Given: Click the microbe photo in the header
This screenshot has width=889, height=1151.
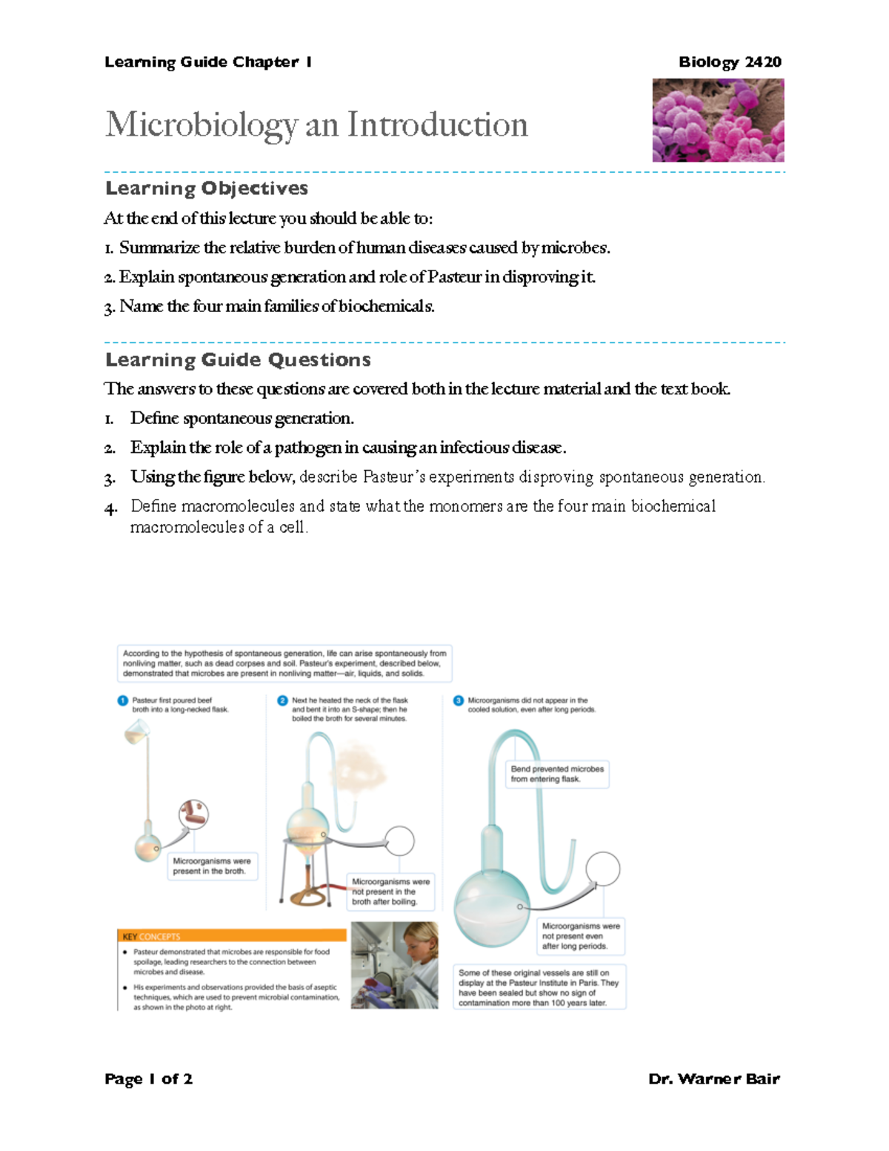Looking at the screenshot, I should coord(717,120).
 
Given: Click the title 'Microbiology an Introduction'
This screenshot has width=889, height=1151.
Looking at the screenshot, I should coord(316,125).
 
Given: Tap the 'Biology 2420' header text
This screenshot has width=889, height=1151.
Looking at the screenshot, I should coord(730,62).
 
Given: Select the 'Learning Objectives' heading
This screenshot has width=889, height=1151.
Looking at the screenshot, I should coord(207,188).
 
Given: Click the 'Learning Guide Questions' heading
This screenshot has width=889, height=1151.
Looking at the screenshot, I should coord(238,360).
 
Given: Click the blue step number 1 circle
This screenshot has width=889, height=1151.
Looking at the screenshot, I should coord(123,700).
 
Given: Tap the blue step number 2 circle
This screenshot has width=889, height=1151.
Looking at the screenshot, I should coord(282,700).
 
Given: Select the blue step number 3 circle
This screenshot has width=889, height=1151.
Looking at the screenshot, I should coord(458,700).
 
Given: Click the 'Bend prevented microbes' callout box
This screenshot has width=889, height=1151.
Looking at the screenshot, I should coord(557,774).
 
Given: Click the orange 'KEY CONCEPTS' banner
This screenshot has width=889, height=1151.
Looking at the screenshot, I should coord(231,936).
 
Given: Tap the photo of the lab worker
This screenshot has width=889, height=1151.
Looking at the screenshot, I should coord(394,965).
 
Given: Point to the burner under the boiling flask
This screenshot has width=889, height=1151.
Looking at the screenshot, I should coord(304,882).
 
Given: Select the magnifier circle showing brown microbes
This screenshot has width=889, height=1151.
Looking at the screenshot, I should coord(194,814).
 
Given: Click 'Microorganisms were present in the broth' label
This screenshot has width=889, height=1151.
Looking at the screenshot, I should coord(212,866).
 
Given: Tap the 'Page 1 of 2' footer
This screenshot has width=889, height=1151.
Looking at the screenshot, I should coord(148,1079).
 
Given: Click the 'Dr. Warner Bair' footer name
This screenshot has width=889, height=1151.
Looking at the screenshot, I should coord(713,1079).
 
